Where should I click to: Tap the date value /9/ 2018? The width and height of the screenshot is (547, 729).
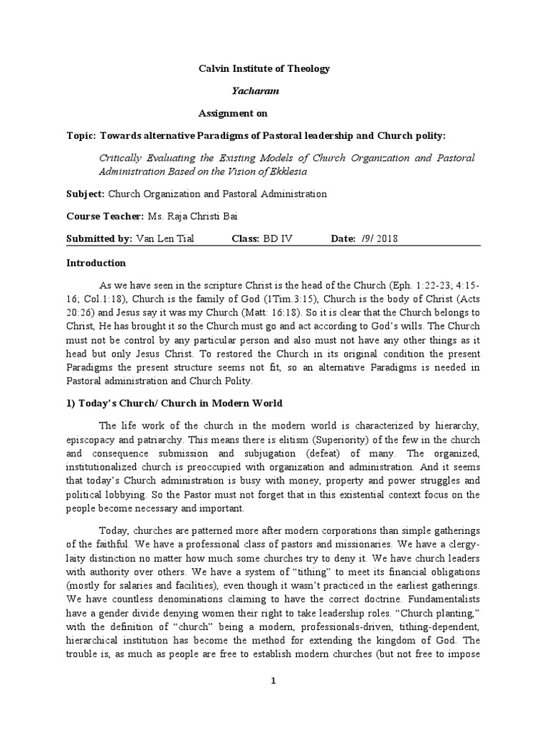tap(377, 238)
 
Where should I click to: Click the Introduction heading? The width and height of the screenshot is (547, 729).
tap(96, 263)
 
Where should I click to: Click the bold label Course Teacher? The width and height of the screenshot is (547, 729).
tap(105, 216)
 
